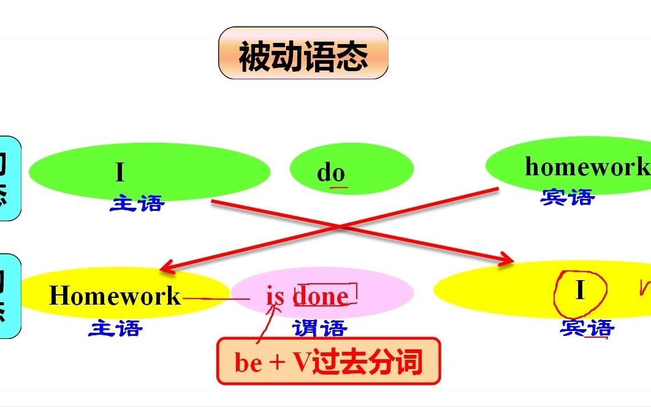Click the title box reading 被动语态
[x=303, y=53]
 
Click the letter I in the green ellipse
[x=120, y=172]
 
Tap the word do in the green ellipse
[x=331, y=173]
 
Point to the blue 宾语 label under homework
[x=568, y=197]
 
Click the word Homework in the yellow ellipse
[x=115, y=296]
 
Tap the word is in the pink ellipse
[x=275, y=296]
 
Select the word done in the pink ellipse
[x=321, y=297]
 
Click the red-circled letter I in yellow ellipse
[x=581, y=291]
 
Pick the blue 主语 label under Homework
[x=115, y=329]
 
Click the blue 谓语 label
[x=319, y=329]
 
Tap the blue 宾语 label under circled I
[x=587, y=329]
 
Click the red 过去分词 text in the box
[x=367, y=363]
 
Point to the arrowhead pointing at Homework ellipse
[x=164, y=269]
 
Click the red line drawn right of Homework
[x=215, y=299]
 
